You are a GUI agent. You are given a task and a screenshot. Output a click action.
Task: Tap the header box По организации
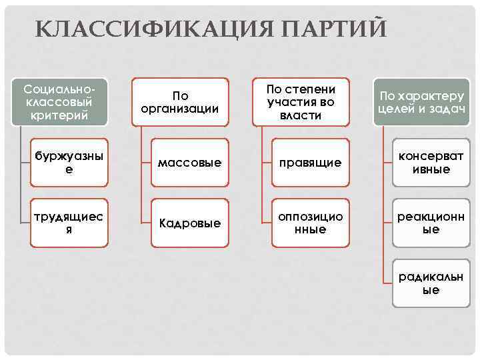point(179,102)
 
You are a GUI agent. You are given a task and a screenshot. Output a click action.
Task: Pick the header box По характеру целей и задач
point(422,102)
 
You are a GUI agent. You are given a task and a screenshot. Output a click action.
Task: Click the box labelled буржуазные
point(70,163)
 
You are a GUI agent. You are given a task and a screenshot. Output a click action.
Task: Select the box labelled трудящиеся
point(70,223)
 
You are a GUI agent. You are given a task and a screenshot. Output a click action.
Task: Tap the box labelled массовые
point(189,163)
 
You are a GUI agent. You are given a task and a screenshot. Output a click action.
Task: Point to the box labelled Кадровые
point(189,223)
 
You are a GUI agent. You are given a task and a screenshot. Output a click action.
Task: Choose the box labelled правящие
point(310,163)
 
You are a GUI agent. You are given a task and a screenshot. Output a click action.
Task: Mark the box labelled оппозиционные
point(310,223)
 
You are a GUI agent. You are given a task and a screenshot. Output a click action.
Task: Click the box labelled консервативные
point(431,163)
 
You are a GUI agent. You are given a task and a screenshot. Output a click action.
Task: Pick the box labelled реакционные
point(431,223)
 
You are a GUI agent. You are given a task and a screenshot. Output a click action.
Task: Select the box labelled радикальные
point(431,283)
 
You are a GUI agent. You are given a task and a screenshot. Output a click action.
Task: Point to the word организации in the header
point(179,109)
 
